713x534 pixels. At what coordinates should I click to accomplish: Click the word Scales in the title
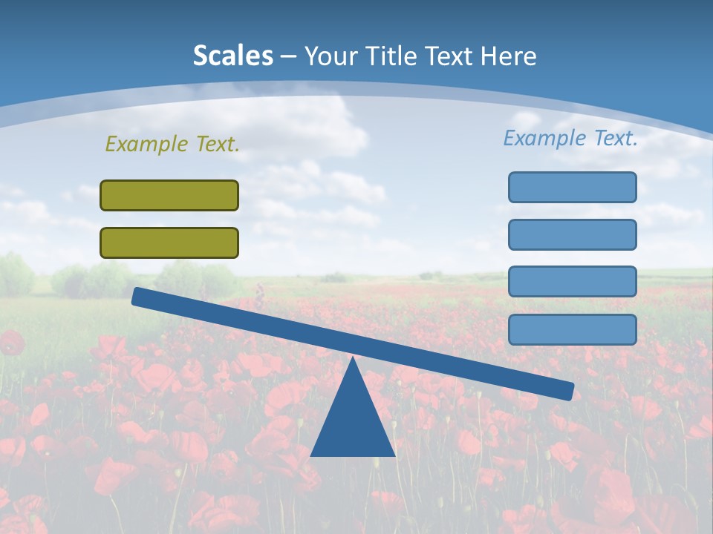tap(232, 56)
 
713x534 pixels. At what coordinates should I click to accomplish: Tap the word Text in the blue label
tap(614, 138)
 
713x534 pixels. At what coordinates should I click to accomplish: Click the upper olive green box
tap(169, 195)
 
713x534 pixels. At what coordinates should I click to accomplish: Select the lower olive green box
tap(169, 243)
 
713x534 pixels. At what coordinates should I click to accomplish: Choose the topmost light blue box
tap(572, 187)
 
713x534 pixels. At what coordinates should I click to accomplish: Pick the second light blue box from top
tap(572, 234)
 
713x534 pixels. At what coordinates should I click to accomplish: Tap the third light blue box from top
tap(572, 281)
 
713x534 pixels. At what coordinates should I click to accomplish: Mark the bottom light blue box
tap(572, 329)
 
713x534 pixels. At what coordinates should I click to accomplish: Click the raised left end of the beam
tap(137, 296)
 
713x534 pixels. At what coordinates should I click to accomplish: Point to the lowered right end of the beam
tap(568, 390)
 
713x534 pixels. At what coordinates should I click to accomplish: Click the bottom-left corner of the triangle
tap(312, 455)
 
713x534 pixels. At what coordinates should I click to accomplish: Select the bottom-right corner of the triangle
tap(394, 455)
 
